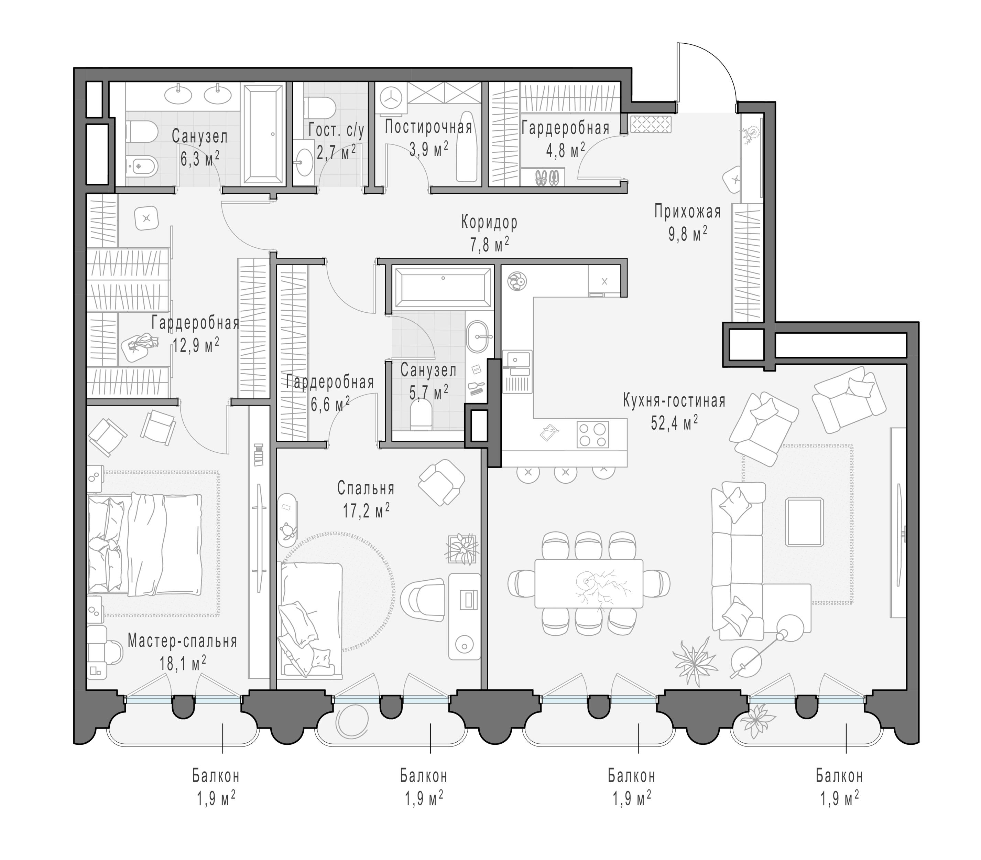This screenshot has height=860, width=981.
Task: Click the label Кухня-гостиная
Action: coord(674,400)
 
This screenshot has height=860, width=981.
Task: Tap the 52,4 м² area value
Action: coord(674,423)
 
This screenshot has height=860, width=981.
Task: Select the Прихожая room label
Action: coord(687,211)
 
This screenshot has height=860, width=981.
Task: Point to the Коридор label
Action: coord(489,222)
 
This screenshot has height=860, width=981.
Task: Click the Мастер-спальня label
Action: coord(182,641)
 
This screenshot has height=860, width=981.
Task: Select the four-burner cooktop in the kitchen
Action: coord(592,434)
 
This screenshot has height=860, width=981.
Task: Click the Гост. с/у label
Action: coord(336,130)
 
